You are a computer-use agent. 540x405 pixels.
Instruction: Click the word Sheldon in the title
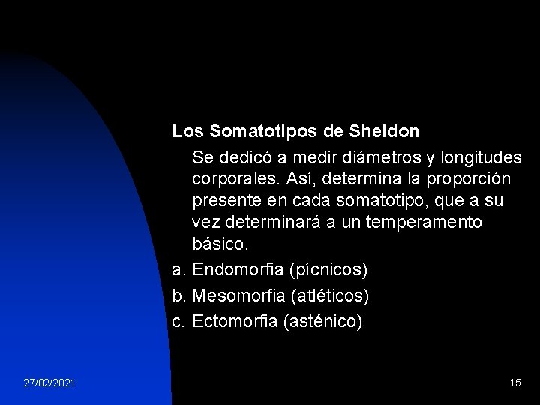coord(385,131)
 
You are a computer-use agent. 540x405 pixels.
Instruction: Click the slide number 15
coord(514,382)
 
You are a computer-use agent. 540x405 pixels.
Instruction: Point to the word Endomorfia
coord(239,268)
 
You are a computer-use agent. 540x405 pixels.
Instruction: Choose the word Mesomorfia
coord(240,295)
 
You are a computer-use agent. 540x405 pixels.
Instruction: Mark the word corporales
coord(232,180)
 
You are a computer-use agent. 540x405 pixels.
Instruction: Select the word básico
coord(219,244)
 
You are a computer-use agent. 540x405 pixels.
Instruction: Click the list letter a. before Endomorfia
coord(178,268)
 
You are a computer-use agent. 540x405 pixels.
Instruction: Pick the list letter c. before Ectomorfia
coord(178,322)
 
